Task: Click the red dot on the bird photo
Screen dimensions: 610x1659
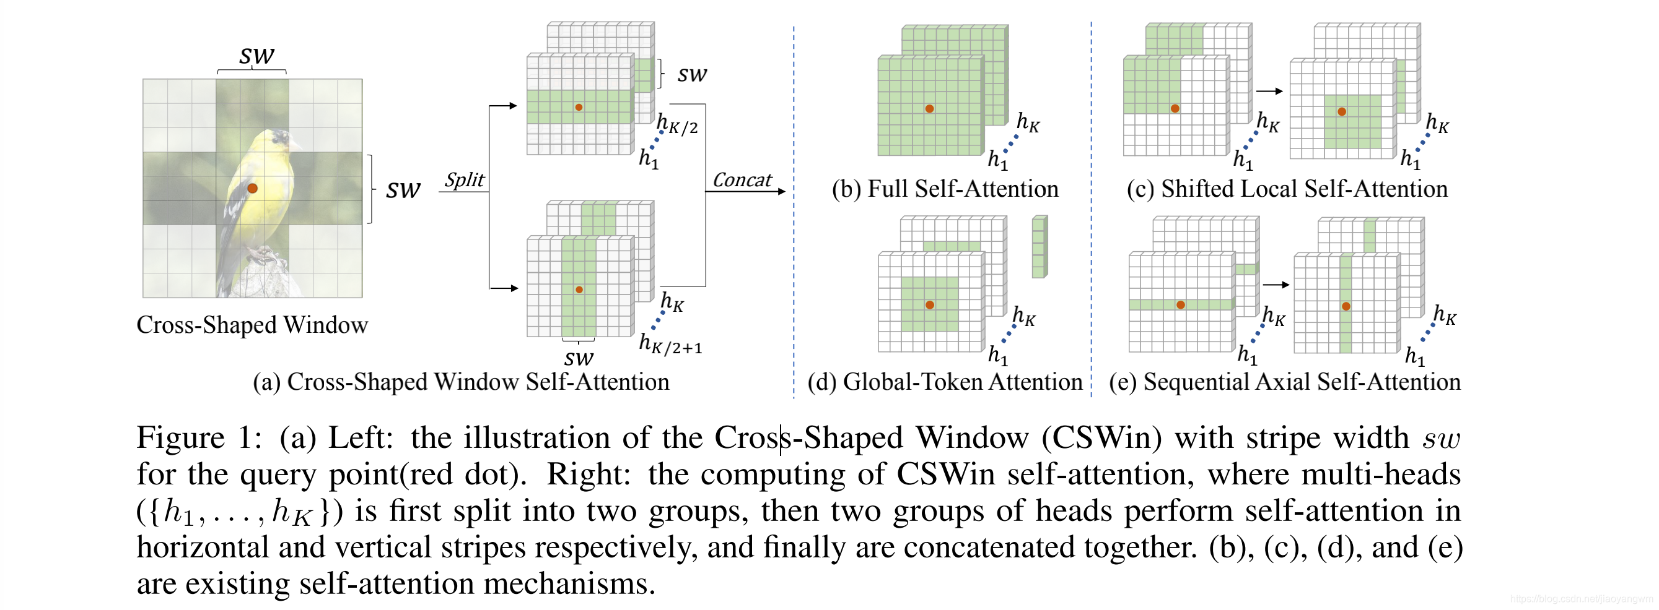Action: point(253,189)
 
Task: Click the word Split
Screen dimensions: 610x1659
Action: point(464,179)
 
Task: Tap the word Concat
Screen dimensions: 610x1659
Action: point(742,180)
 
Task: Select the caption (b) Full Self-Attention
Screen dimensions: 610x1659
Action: point(945,189)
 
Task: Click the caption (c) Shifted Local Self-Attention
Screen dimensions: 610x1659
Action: point(1287,189)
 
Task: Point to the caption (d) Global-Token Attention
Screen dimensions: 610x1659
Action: point(945,382)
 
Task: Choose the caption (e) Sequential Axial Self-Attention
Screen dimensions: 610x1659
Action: point(1284,382)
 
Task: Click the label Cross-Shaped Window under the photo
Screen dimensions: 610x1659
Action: point(252,325)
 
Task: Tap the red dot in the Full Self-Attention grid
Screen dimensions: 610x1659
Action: point(929,109)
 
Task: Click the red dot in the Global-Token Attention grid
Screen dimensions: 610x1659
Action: point(929,305)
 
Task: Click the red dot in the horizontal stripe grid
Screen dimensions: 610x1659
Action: point(579,108)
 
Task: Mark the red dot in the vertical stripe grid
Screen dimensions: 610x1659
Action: point(579,290)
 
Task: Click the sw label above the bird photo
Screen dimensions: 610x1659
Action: point(256,55)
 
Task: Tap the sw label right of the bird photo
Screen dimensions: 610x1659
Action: point(403,190)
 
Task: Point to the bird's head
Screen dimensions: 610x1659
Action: point(277,137)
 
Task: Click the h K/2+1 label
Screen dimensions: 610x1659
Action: point(670,345)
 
